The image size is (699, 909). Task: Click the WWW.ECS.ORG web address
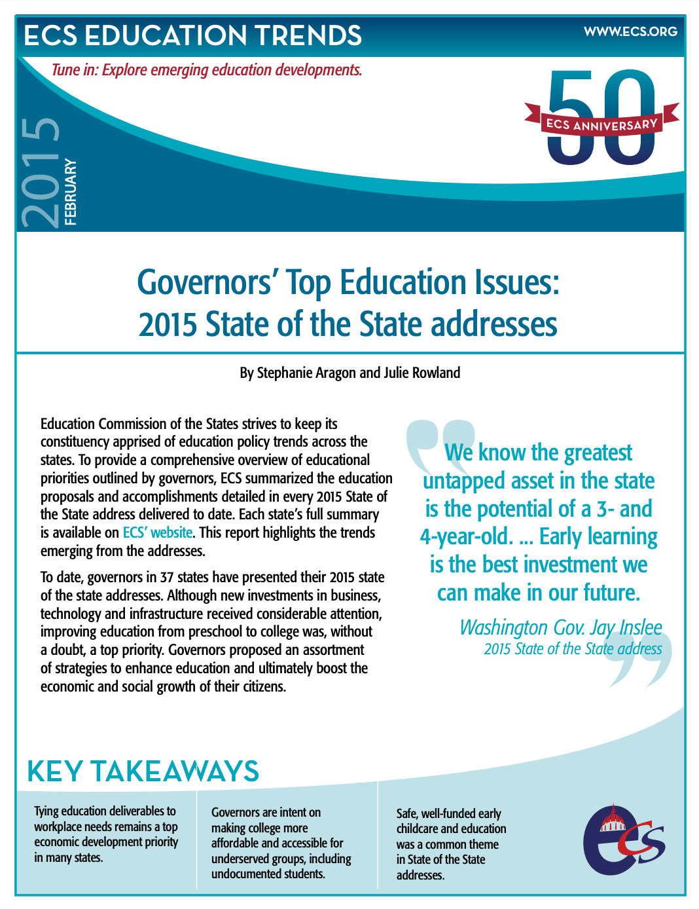tap(630, 31)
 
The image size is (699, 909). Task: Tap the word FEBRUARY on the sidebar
tap(71, 192)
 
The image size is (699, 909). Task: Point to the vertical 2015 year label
tap(41, 172)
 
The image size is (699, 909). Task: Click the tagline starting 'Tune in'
tap(207, 70)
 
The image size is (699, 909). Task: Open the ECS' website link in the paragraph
tap(158, 533)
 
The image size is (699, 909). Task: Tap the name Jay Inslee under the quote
tap(626, 627)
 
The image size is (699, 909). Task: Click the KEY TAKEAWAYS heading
tap(143, 771)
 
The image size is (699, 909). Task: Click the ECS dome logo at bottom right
tap(622, 840)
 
